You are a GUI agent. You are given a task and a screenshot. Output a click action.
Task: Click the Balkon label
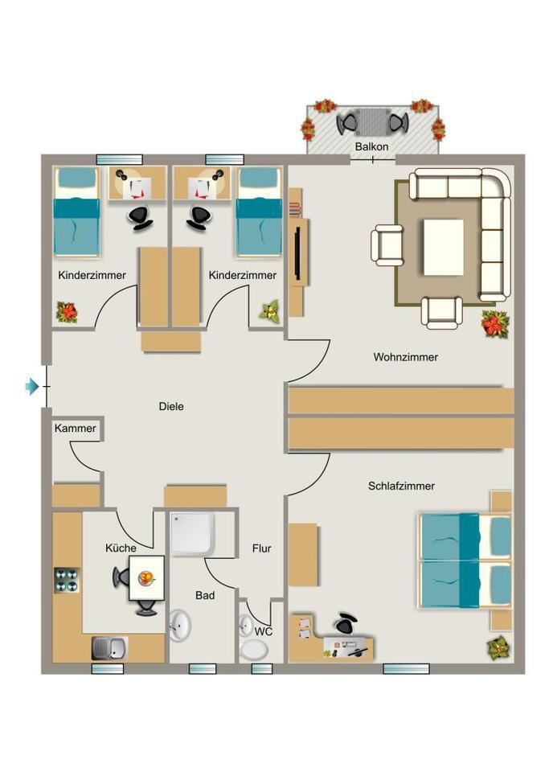[371, 147]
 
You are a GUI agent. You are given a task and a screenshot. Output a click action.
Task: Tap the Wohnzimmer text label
[405, 357]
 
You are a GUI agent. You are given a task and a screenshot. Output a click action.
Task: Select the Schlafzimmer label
[401, 486]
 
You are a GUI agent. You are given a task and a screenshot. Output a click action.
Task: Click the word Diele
[171, 406]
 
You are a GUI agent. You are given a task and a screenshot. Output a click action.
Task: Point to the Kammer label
[75, 429]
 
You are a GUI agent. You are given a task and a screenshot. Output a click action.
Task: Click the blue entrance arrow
[32, 387]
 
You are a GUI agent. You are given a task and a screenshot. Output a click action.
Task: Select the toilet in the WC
[246, 626]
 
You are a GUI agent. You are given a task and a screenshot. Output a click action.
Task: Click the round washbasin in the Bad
[180, 623]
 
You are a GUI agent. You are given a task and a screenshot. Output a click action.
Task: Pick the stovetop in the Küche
[66, 580]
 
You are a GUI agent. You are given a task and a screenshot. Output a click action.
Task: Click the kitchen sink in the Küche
[109, 647]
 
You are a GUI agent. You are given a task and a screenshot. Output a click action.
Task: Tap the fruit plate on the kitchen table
[147, 577]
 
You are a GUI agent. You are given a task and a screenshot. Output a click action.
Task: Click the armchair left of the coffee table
[387, 245]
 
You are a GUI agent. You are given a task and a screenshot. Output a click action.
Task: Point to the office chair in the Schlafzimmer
[346, 623]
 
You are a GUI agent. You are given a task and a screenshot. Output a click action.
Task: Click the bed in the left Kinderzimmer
[76, 211]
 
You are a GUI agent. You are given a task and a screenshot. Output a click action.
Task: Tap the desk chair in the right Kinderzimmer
[198, 216]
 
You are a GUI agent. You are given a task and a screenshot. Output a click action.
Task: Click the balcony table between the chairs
[372, 122]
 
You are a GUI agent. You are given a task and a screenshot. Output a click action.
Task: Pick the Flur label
[261, 548]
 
